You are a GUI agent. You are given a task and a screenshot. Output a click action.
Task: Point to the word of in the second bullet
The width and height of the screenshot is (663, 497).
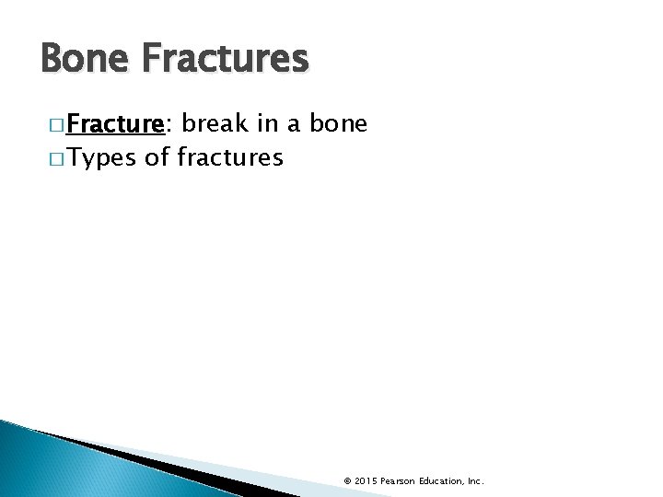point(157,157)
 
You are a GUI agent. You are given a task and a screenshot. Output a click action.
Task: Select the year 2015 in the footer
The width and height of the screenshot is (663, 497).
point(366,480)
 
